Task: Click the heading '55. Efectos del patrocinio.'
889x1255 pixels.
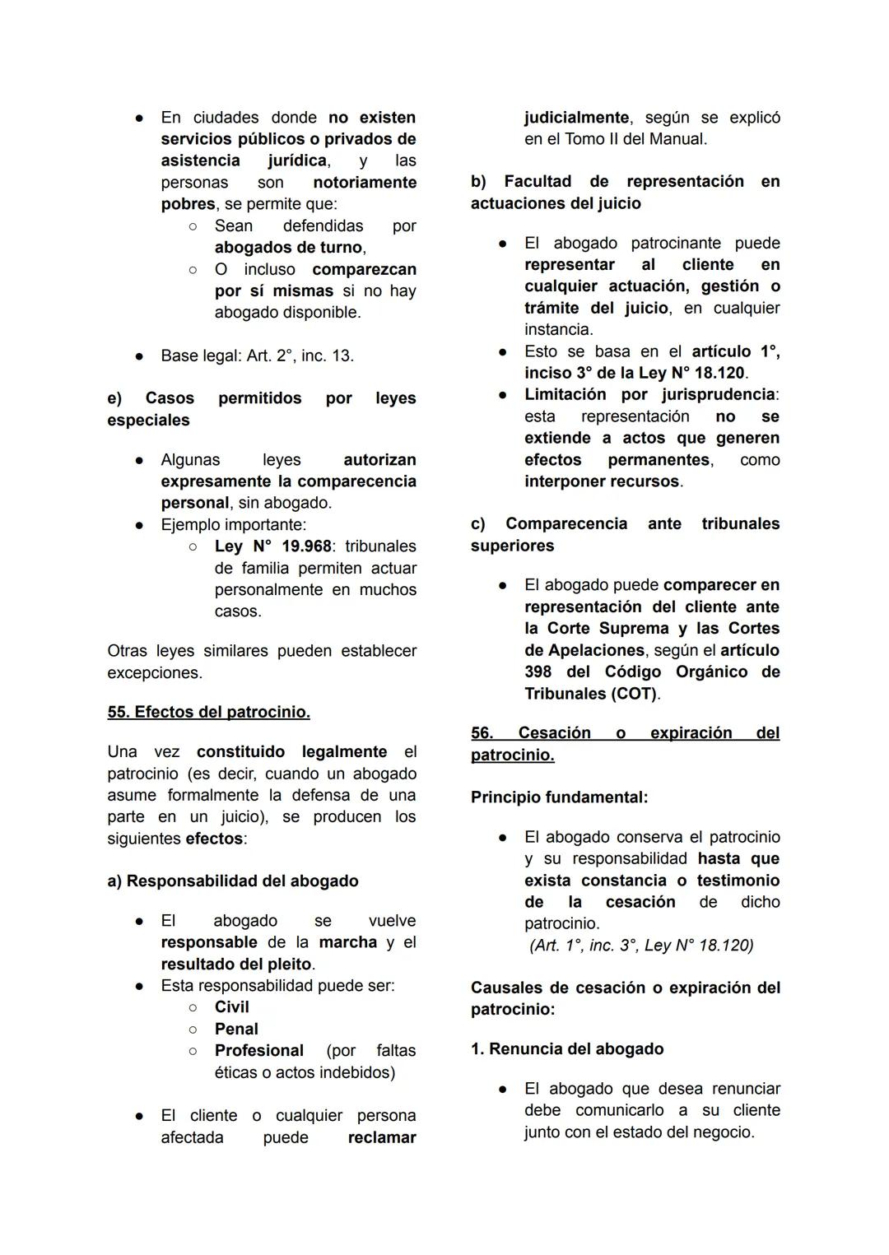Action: (208, 712)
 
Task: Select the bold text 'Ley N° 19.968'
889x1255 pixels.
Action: (272, 546)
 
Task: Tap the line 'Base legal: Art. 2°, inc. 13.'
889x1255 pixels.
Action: (257, 356)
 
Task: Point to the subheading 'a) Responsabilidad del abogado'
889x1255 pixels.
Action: (233, 881)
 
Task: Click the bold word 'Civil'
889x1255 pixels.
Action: (231, 1007)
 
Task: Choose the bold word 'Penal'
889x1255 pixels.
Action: (236, 1029)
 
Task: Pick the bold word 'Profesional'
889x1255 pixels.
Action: (258, 1051)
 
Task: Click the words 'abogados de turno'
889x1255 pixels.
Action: (288, 248)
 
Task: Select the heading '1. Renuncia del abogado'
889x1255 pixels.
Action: (567, 1048)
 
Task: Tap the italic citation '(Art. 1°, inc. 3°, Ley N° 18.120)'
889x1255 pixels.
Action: (641, 946)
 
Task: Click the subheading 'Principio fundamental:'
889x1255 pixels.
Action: (559, 797)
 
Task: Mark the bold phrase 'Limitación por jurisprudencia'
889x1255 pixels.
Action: (649, 395)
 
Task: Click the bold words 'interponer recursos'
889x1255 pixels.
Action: (602, 481)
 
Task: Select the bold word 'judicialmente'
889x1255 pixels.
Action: (576, 118)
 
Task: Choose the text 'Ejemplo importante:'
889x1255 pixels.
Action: (233, 525)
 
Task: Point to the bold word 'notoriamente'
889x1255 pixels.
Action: (365, 183)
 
